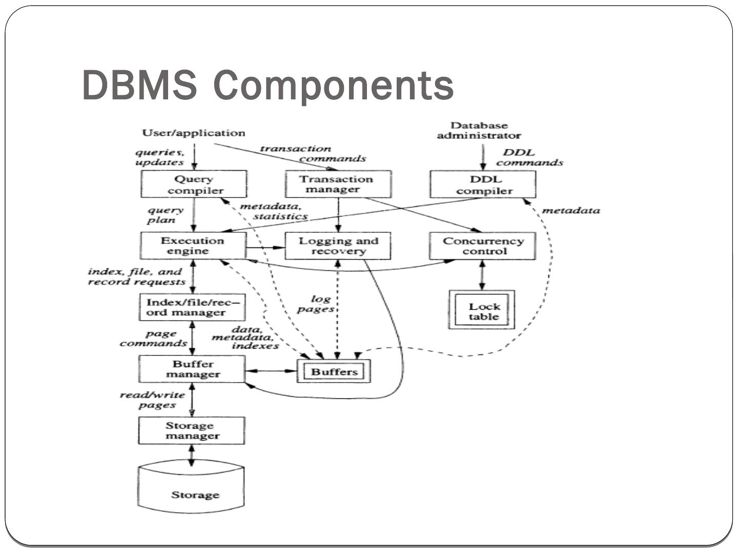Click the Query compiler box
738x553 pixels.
point(194,184)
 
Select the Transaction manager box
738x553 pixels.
point(338,184)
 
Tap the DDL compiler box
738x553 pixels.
point(483,184)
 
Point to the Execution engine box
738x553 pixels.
point(193,246)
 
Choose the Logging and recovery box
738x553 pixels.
point(338,246)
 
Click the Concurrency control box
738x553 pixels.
point(482,246)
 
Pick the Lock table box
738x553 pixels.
point(482,310)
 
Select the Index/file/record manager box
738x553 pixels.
point(192,307)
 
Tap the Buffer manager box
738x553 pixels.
point(192,369)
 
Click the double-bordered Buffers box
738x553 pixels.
point(334,371)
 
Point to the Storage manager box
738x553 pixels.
point(192,431)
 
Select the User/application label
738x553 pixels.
point(194,133)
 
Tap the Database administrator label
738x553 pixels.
point(479,131)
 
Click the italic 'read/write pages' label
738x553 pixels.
point(152,400)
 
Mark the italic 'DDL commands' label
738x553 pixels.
point(528,158)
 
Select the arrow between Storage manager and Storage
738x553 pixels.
point(192,455)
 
